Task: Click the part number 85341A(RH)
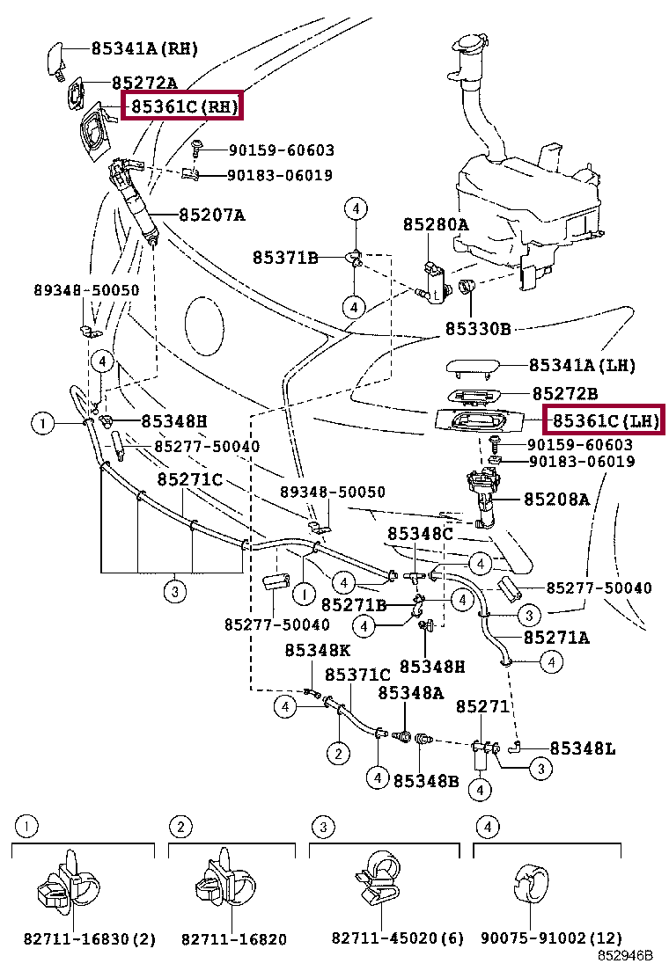pyautogui.click(x=144, y=48)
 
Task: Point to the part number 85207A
pyautogui.click(x=212, y=215)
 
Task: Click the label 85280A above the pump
pyautogui.click(x=436, y=225)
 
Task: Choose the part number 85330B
pyautogui.click(x=478, y=330)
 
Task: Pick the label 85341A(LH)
pyautogui.click(x=582, y=365)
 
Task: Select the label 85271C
pyautogui.click(x=189, y=479)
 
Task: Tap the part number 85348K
pyautogui.click(x=317, y=650)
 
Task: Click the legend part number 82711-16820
pyautogui.click(x=234, y=939)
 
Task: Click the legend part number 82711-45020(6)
pyautogui.click(x=398, y=939)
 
